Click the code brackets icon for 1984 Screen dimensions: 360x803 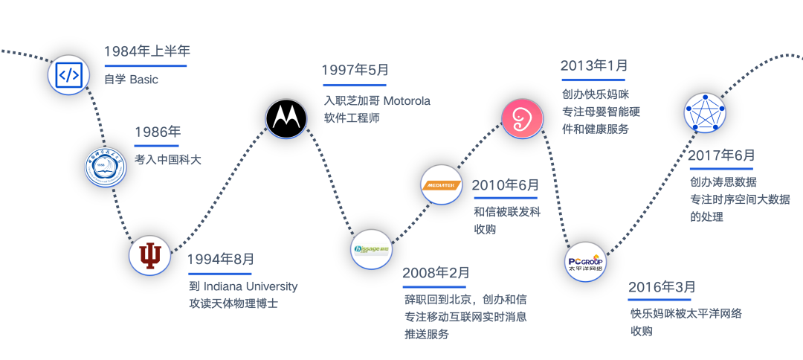[x=68, y=74]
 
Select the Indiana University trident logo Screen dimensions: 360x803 [x=150, y=256]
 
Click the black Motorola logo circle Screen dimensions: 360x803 [x=286, y=118]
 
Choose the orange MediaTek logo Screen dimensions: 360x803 [x=441, y=186]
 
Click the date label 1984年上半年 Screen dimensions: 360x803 [x=147, y=52]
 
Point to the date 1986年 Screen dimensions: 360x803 [x=158, y=133]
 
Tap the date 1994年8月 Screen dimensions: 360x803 [x=221, y=260]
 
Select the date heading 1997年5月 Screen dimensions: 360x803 [x=355, y=71]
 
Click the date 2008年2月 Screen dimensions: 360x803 [x=436, y=273]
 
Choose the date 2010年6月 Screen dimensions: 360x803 [x=506, y=184]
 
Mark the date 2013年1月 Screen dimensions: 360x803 [x=594, y=65]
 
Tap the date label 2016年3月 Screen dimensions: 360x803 [x=662, y=287]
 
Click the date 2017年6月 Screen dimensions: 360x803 [x=720, y=155]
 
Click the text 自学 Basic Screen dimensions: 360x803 [x=132, y=80]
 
